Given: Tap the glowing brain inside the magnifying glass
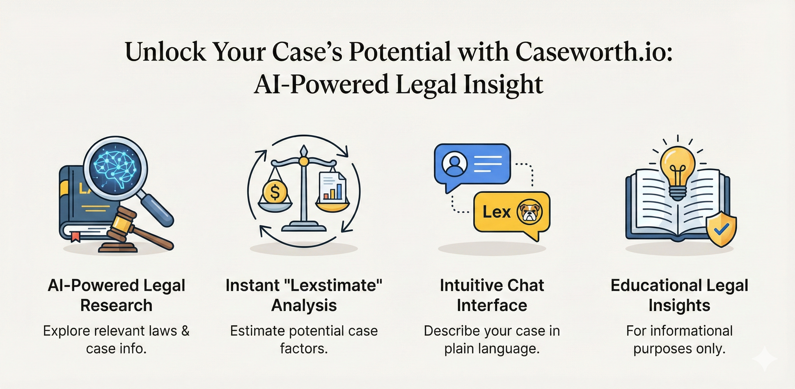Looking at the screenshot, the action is pos(115,169).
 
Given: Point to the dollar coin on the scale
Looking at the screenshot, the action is pos(274,192).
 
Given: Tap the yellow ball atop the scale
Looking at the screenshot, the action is pos(304,161).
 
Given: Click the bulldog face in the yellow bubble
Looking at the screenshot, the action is pos(529,212).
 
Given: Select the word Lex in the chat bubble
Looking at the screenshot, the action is pos(497,212).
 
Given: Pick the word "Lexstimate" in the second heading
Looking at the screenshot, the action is pos(335,285).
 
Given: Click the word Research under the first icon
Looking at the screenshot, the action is pos(116,305).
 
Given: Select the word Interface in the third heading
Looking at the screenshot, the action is pos(492,305).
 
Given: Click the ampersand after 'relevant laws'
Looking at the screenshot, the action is pos(185,331).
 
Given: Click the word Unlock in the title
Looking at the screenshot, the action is pos(166,51).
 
